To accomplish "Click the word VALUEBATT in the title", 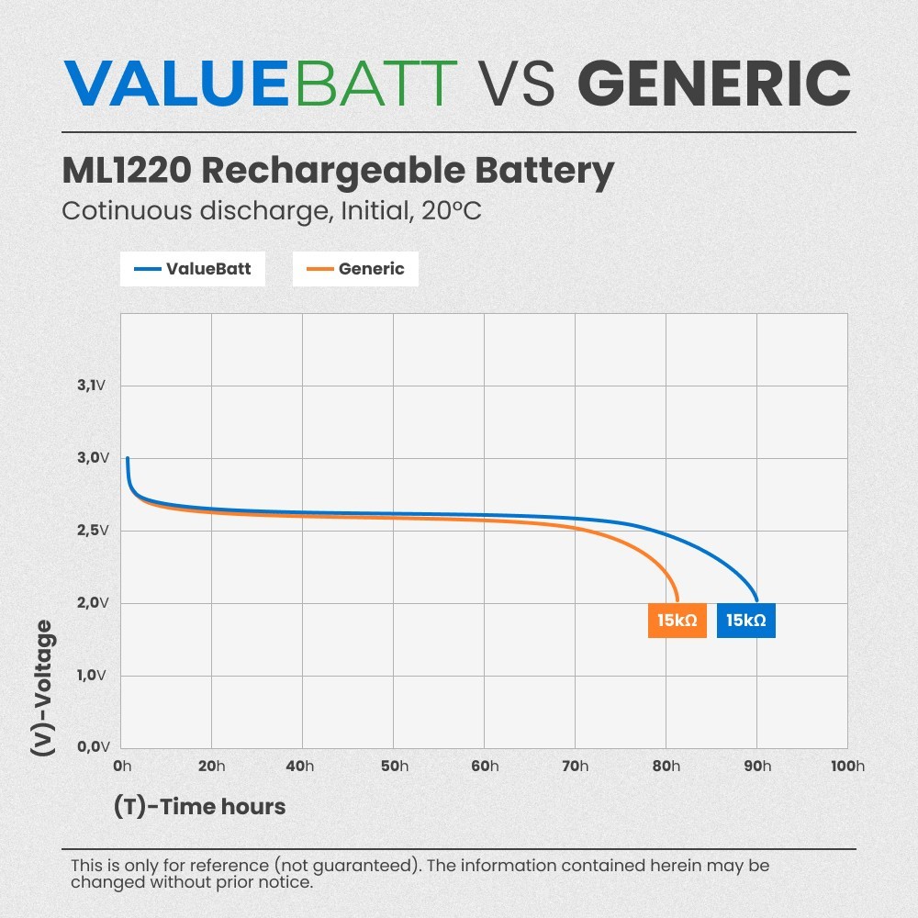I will click(262, 83).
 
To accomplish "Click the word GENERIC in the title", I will click(714, 83).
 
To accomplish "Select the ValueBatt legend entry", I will click(192, 269).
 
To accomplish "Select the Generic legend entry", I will click(355, 269).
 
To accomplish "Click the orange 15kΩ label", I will click(677, 621).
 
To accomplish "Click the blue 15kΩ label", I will click(745, 621).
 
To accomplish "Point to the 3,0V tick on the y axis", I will click(92, 458).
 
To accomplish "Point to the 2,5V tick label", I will click(92, 531).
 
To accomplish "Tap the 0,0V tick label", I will click(92, 747).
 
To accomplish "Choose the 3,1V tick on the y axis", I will click(92, 386).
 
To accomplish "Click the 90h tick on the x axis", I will click(756, 767).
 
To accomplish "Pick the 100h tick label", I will click(845, 767).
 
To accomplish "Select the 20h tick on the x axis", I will click(211, 767).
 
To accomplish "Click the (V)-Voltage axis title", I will click(42, 688).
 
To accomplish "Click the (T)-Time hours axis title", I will click(199, 807).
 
